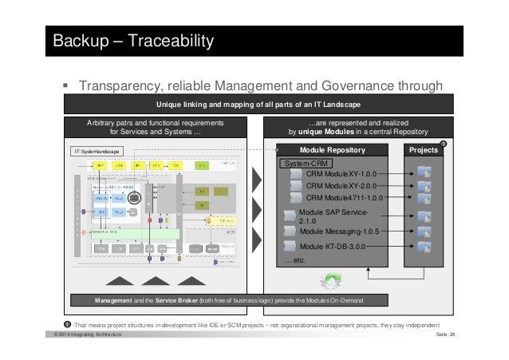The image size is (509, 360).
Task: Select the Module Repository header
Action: click(x=332, y=149)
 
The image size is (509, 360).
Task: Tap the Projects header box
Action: click(x=423, y=149)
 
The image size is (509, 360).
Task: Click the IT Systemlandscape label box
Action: click(x=97, y=150)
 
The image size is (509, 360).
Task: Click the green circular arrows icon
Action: click(x=331, y=280)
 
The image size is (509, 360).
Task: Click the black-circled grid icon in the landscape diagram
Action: click(x=134, y=196)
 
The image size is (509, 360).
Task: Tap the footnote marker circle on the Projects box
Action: click(x=444, y=144)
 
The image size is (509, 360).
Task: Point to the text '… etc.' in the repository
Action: click(x=294, y=260)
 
